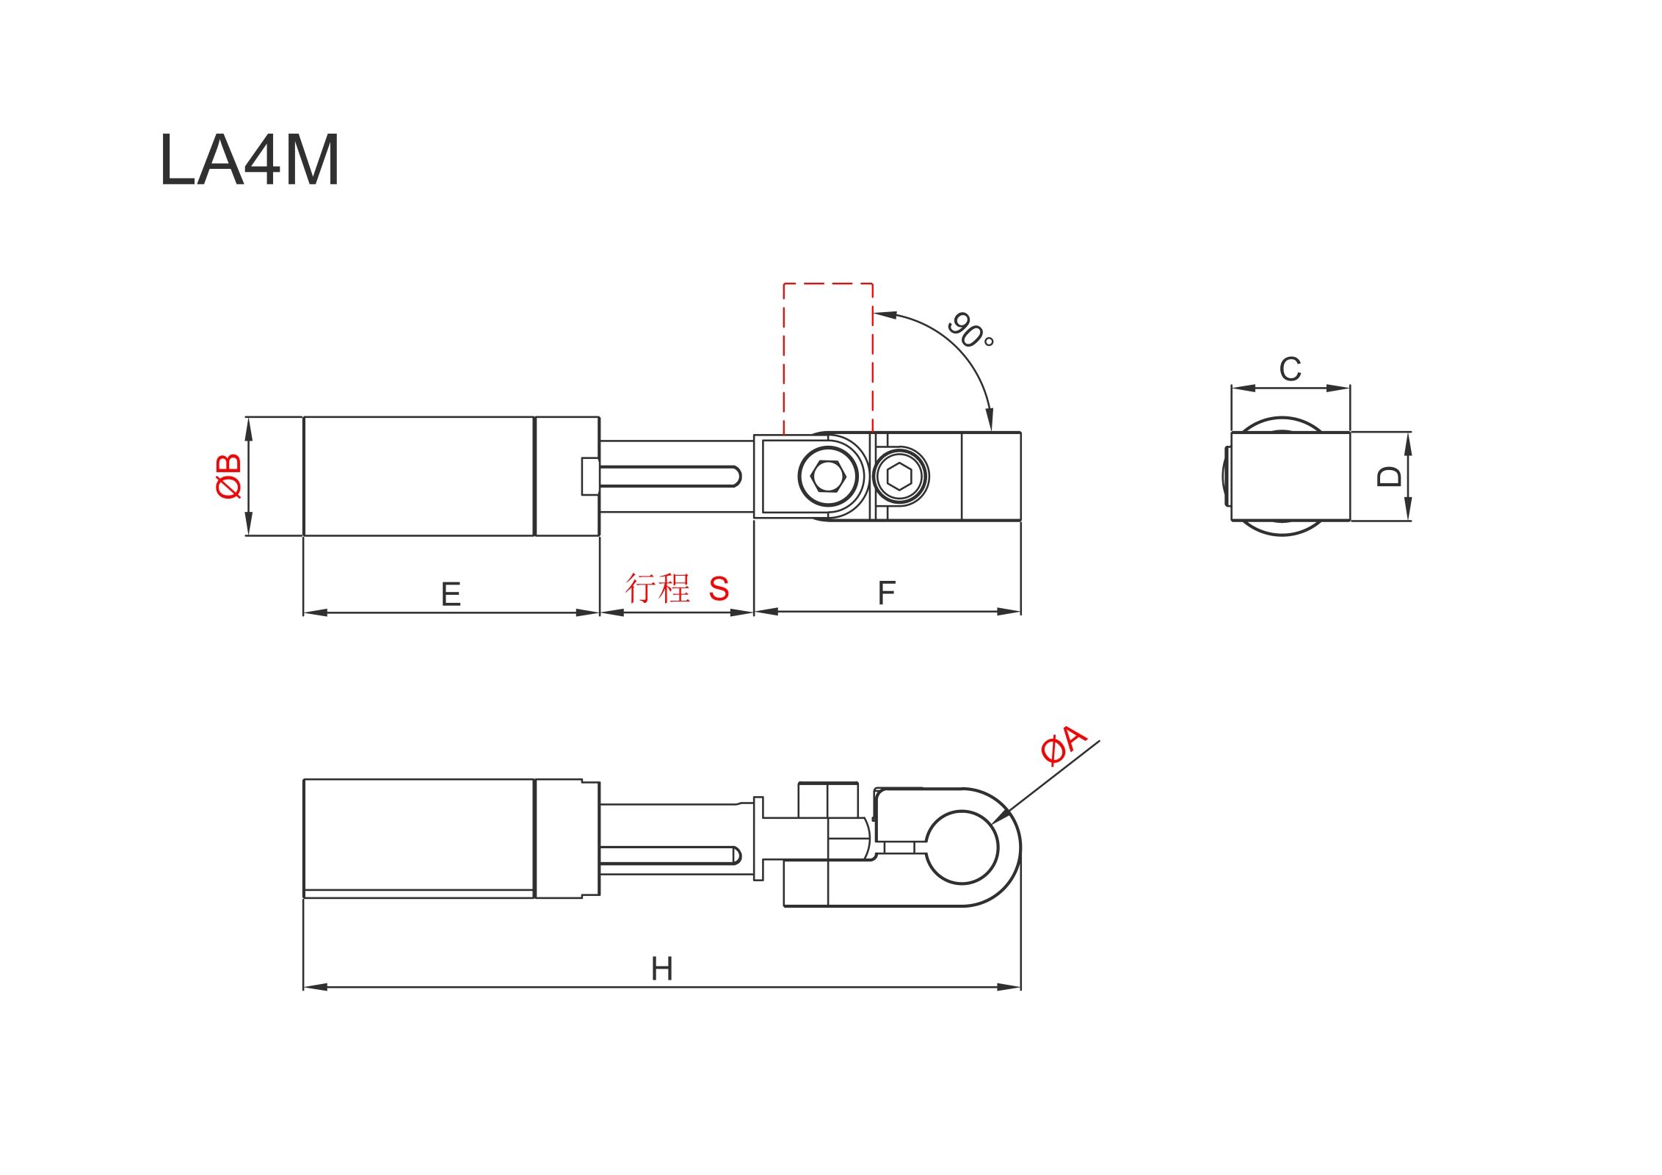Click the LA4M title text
[x=250, y=159]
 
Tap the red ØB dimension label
[x=229, y=476]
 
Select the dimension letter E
[x=451, y=594]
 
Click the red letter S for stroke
[x=719, y=588]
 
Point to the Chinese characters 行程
[x=658, y=588]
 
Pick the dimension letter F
[x=887, y=593]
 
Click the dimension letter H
[x=661, y=969]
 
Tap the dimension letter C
[x=1290, y=369]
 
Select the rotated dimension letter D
[x=1389, y=477]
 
